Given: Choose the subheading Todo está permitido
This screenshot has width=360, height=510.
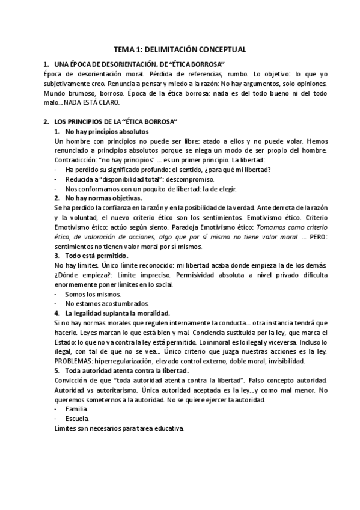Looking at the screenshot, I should click(x=96, y=256).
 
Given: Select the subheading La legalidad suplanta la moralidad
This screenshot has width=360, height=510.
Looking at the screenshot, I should click(x=117, y=313).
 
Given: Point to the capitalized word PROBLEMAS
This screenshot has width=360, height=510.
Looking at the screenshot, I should click(x=73, y=361).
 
